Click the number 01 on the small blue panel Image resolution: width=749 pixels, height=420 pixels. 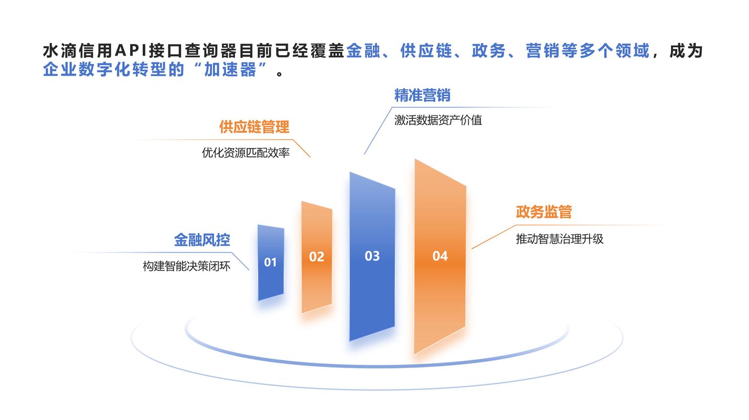270,262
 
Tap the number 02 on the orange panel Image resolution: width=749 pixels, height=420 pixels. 316,257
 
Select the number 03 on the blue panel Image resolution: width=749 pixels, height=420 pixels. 372,256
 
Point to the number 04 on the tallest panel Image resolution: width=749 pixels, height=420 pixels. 440,256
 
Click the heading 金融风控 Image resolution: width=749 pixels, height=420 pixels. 202,240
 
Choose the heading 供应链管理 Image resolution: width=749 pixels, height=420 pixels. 254,127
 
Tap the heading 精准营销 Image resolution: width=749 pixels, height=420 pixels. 422,96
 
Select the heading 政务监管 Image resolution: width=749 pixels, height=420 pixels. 544,212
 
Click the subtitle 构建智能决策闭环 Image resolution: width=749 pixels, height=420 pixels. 187,266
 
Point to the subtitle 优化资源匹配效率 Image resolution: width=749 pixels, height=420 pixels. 246,153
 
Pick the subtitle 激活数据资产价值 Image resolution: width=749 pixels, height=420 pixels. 438,120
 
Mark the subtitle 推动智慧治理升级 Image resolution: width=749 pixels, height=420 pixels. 560,239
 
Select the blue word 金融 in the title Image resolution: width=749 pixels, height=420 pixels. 363,51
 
